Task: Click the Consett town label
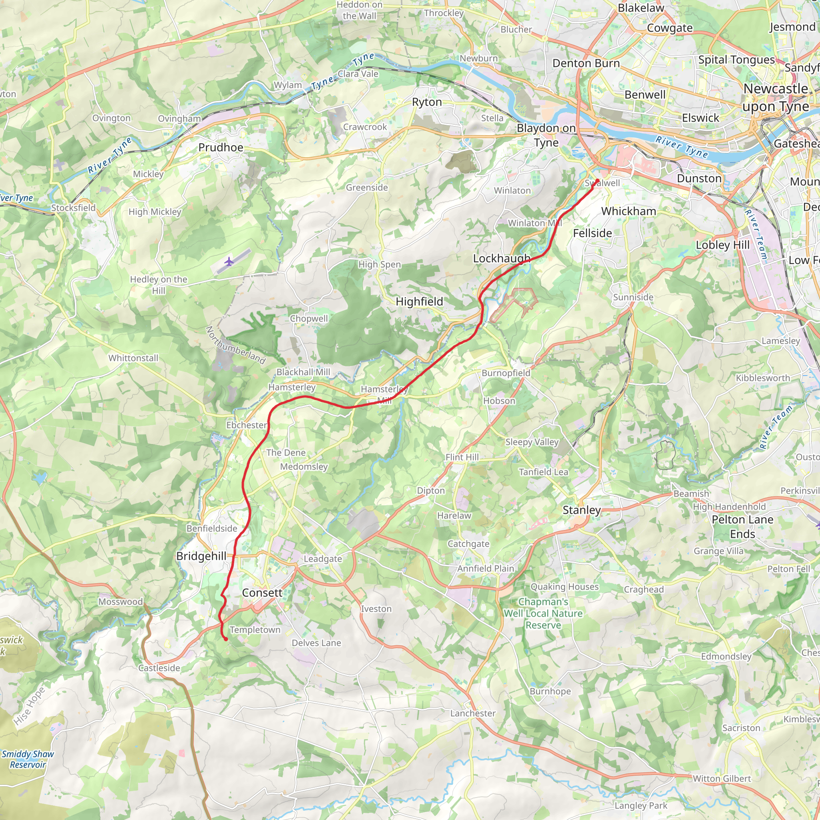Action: click(262, 593)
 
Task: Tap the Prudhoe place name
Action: click(221, 147)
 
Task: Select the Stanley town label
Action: click(581, 510)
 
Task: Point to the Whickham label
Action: click(628, 211)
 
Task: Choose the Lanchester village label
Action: click(473, 713)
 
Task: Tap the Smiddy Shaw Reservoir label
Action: click(28, 759)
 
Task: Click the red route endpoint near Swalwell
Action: click(597, 181)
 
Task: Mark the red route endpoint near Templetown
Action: click(226, 639)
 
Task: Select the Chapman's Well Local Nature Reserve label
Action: click(543, 613)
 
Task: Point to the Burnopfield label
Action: click(506, 373)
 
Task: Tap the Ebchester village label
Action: click(246, 425)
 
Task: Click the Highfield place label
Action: click(419, 301)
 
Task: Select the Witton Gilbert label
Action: click(722, 778)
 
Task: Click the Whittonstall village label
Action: click(133, 358)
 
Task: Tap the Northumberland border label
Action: click(235, 345)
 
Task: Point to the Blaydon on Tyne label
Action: click(546, 135)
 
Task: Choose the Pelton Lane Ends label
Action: click(742, 526)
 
